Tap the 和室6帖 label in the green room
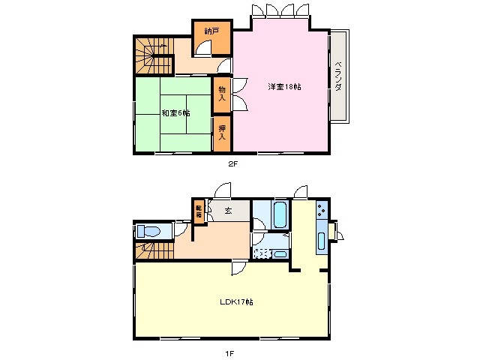[175, 113]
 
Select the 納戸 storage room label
[212, 31]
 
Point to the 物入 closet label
[222, 94]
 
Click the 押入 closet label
[222, 132]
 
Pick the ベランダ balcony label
[338, 76]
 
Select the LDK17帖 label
[235, 302]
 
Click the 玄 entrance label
[227, 210]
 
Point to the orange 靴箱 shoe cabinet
[199, 211]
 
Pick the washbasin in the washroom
[280, 253]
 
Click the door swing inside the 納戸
[202, 48]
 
